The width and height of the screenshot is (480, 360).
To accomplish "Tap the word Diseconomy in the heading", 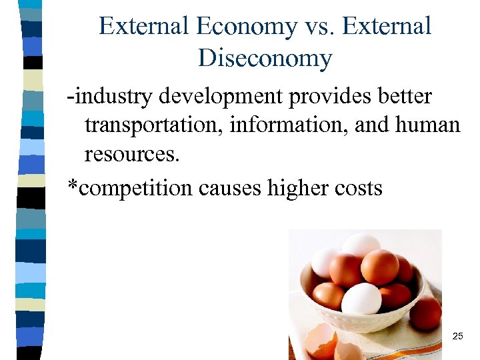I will pos(265,59).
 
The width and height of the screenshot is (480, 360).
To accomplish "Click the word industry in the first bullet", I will pos(109,97).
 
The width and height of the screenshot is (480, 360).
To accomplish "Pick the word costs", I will pos(360,189).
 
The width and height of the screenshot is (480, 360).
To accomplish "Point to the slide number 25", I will pos(457,337).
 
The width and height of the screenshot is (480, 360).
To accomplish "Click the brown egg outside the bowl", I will pos(425,311).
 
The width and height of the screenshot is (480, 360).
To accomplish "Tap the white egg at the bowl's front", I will pos(361,299).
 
